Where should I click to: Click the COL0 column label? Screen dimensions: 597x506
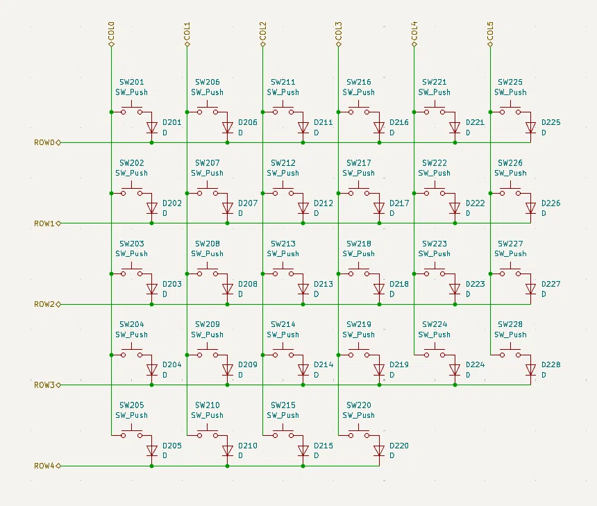point(111,31)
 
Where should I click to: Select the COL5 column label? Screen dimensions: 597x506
point(490,31)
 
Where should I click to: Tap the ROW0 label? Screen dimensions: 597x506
point(44,142)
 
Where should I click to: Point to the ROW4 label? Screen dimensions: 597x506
point(44,466)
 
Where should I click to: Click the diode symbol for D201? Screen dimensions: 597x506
point(151,127)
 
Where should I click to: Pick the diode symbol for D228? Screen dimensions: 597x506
point(530,370)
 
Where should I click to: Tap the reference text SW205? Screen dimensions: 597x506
point(131,405)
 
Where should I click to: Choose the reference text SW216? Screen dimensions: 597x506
point(359,82)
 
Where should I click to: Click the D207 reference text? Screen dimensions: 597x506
point(248,203)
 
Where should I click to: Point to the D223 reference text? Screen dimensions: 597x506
point(475,284)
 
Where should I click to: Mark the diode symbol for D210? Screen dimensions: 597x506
point(227,450)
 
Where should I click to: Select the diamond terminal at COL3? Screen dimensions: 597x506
point(339,44)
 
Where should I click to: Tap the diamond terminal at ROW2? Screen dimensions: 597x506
point(58,304)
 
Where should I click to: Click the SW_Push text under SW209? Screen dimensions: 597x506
point(207,335)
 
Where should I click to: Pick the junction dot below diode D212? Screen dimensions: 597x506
point(303,223)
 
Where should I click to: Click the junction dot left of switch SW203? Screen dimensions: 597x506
point(111,273)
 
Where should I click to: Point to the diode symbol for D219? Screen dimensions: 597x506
point(379,370)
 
